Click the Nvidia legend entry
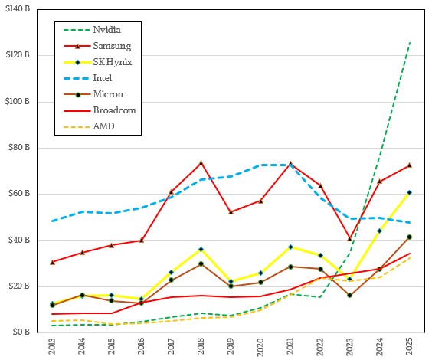tap(106, 30)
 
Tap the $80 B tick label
tap(21, 148)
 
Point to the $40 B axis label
tap(21, 241)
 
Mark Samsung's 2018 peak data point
tap(201, 162)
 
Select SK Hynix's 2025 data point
tap(409, 192)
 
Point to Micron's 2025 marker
tap(409, 237)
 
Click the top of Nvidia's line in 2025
tap(409, 43)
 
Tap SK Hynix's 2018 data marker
tap(201, 249)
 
